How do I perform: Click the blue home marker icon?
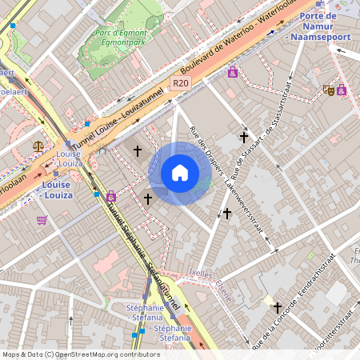(180, 173)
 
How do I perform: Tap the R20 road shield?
(179, 83)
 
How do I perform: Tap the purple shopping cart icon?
(41, 220)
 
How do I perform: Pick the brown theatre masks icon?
(327, 90)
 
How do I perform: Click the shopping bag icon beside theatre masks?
(342, 90)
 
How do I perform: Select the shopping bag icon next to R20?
(232, 73)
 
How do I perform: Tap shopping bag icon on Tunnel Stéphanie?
(111, 196)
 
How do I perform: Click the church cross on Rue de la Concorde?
(277, 307)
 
